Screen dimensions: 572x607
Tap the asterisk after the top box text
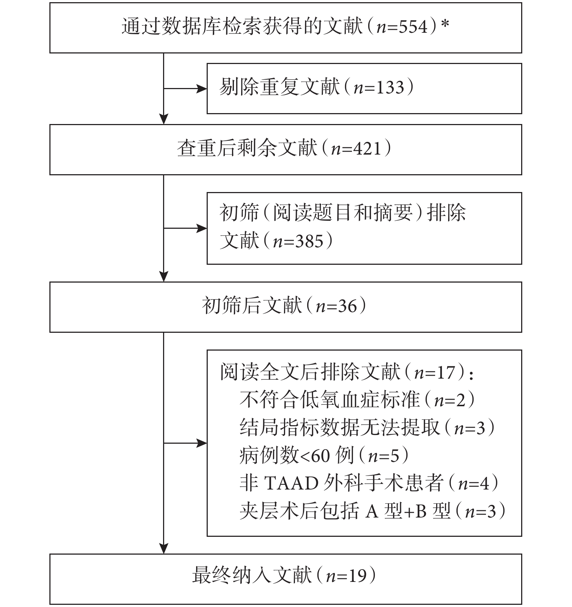click(x=445, y=24)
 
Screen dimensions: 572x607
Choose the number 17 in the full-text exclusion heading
click(x=445, y=373)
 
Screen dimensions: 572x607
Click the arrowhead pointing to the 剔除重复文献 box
click(x=202, y=88)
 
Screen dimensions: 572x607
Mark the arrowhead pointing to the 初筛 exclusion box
click(x=202, y=228)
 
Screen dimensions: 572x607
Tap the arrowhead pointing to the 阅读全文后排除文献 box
click(x=202, y=443)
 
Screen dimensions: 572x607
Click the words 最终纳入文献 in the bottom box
click(x=252, y=576)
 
